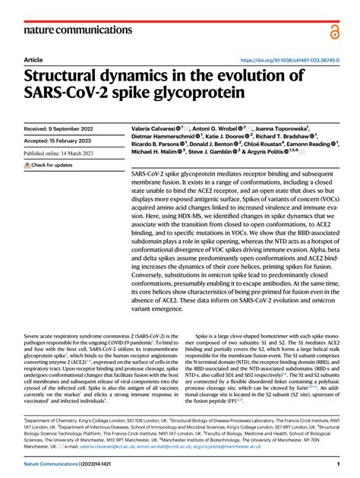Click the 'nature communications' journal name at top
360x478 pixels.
[x=74, y=31]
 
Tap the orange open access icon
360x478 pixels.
[x=334, y=31]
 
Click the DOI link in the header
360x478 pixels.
[x=289, y=60]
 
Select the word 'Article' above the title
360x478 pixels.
[x=33, y=60]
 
